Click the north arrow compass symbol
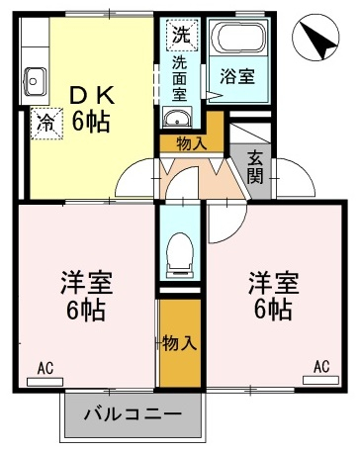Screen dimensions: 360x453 point(315,38)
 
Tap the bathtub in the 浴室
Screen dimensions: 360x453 point(238,38)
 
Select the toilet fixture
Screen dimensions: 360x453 point(180,255)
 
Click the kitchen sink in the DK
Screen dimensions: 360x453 point(35,81)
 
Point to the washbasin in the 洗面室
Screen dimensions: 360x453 point(177,118)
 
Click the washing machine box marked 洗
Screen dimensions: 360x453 point(182,36)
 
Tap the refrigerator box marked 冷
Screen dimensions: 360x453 point(46,124)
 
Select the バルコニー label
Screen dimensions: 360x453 point(133,413)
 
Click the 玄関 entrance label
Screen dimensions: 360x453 point(255,166)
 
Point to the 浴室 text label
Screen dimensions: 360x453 point(237,76)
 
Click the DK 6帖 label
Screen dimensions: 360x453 point(91,108)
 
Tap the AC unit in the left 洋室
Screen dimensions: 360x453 point(45,382)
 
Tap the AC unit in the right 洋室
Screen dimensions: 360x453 point(320,380)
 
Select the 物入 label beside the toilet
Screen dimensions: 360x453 point(180,342)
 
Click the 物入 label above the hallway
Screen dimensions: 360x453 point(192,143)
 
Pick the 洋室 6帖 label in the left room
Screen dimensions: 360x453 point(87,296)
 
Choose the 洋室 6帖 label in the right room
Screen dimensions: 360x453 point(274,295)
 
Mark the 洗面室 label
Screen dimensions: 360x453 point(180,79)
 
